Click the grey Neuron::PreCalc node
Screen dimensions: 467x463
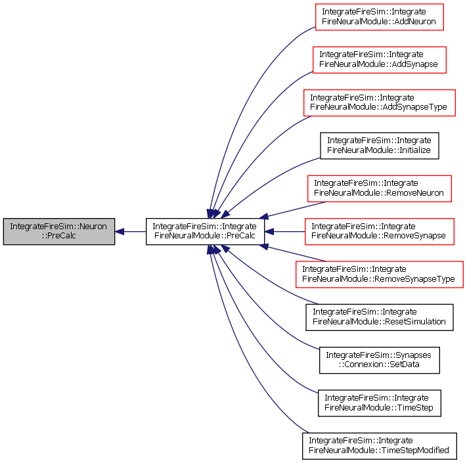59,231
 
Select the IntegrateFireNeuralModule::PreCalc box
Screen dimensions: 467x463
205,231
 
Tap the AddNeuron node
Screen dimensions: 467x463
380,17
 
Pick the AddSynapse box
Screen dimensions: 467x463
380,60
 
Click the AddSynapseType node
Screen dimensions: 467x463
380,102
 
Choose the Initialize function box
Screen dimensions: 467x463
380,146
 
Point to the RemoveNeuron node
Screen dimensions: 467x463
380,188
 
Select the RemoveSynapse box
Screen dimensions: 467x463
380,231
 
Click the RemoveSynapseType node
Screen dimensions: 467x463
380,275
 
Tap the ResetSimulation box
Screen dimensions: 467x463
380,317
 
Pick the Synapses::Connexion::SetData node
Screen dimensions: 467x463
380,360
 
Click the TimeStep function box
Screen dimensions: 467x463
380,403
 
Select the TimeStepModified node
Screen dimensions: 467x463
380,446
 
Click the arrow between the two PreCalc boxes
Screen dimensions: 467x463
131,231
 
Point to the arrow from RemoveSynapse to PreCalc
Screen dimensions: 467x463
284,231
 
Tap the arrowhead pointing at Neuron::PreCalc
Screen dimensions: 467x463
119,231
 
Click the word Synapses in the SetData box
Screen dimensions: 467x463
416,355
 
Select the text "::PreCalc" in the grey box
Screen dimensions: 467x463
59,236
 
